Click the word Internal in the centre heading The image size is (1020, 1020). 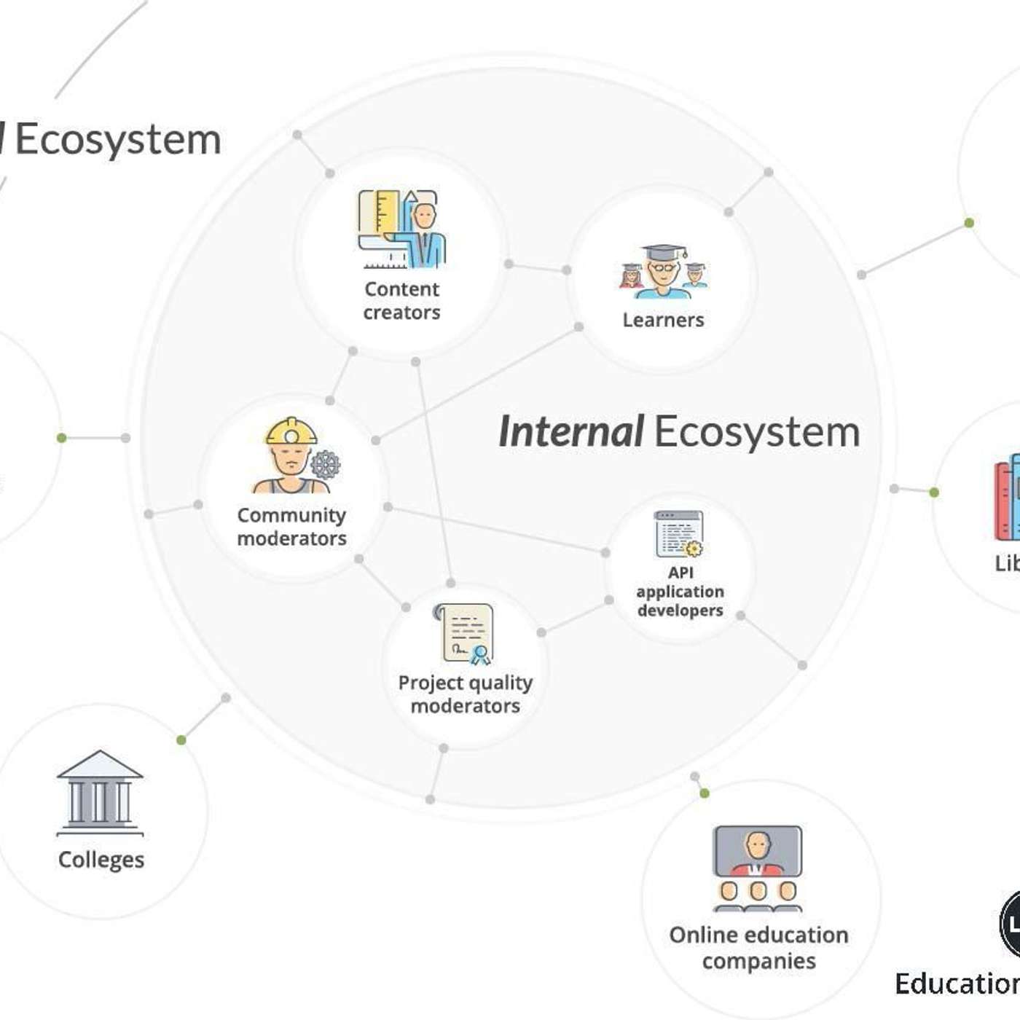click(x=570, y=431)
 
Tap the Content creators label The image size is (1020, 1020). click(x=401, y=301)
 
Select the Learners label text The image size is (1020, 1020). click(x=663, y=320)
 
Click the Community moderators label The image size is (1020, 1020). click(x=291, y=527)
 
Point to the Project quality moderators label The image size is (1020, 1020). click(x=466, y=694)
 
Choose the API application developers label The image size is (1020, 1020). click(x=680, y=592)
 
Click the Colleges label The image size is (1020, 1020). click(x=101, y=860)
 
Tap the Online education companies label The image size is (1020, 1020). click(x=758, y=948)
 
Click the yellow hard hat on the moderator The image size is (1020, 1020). click(x=291, y=432)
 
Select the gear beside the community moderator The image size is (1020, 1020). click(x=325, y=464)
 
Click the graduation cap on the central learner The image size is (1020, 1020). click(x=663, y=252)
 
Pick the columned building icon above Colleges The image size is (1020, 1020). click(x=100, y=793)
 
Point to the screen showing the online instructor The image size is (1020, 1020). click(x=758, y=850)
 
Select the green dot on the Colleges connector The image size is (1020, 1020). click(x=181, y=740)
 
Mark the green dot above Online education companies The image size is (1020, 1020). click(x=704, y=793)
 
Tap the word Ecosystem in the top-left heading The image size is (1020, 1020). click(x=118, y=139)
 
